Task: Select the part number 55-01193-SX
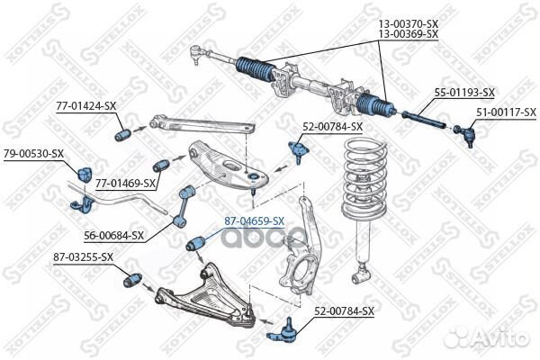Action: (464, 93)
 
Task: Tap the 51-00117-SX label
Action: (506, 112)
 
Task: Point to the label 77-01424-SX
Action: (86, 105)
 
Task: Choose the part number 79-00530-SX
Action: (33, 153)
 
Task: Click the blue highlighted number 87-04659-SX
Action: (254, 220)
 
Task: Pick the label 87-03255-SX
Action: (83, 256)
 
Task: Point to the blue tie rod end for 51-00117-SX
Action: (464, 135)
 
